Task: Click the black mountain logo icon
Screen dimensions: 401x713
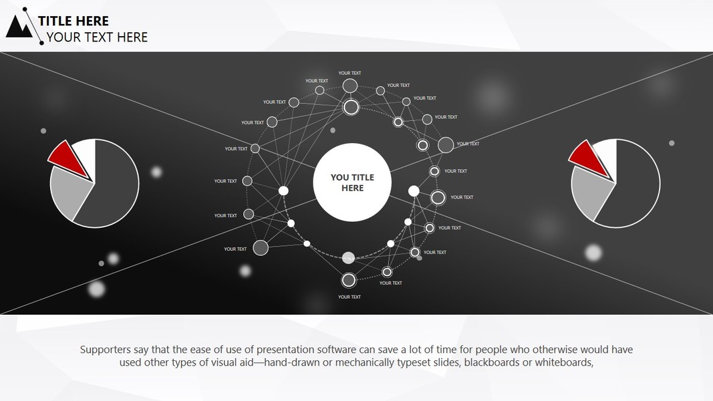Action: (x=19, y=27)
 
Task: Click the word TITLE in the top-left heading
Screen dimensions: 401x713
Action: (x=56, y=21)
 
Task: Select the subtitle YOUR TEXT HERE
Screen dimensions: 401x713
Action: (x=97, y=37)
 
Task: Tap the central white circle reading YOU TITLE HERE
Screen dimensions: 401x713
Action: (x=352, y=182)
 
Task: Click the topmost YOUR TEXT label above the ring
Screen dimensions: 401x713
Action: (x=349, y=73)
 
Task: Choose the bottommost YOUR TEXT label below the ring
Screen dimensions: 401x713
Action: (x=349, y=297)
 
